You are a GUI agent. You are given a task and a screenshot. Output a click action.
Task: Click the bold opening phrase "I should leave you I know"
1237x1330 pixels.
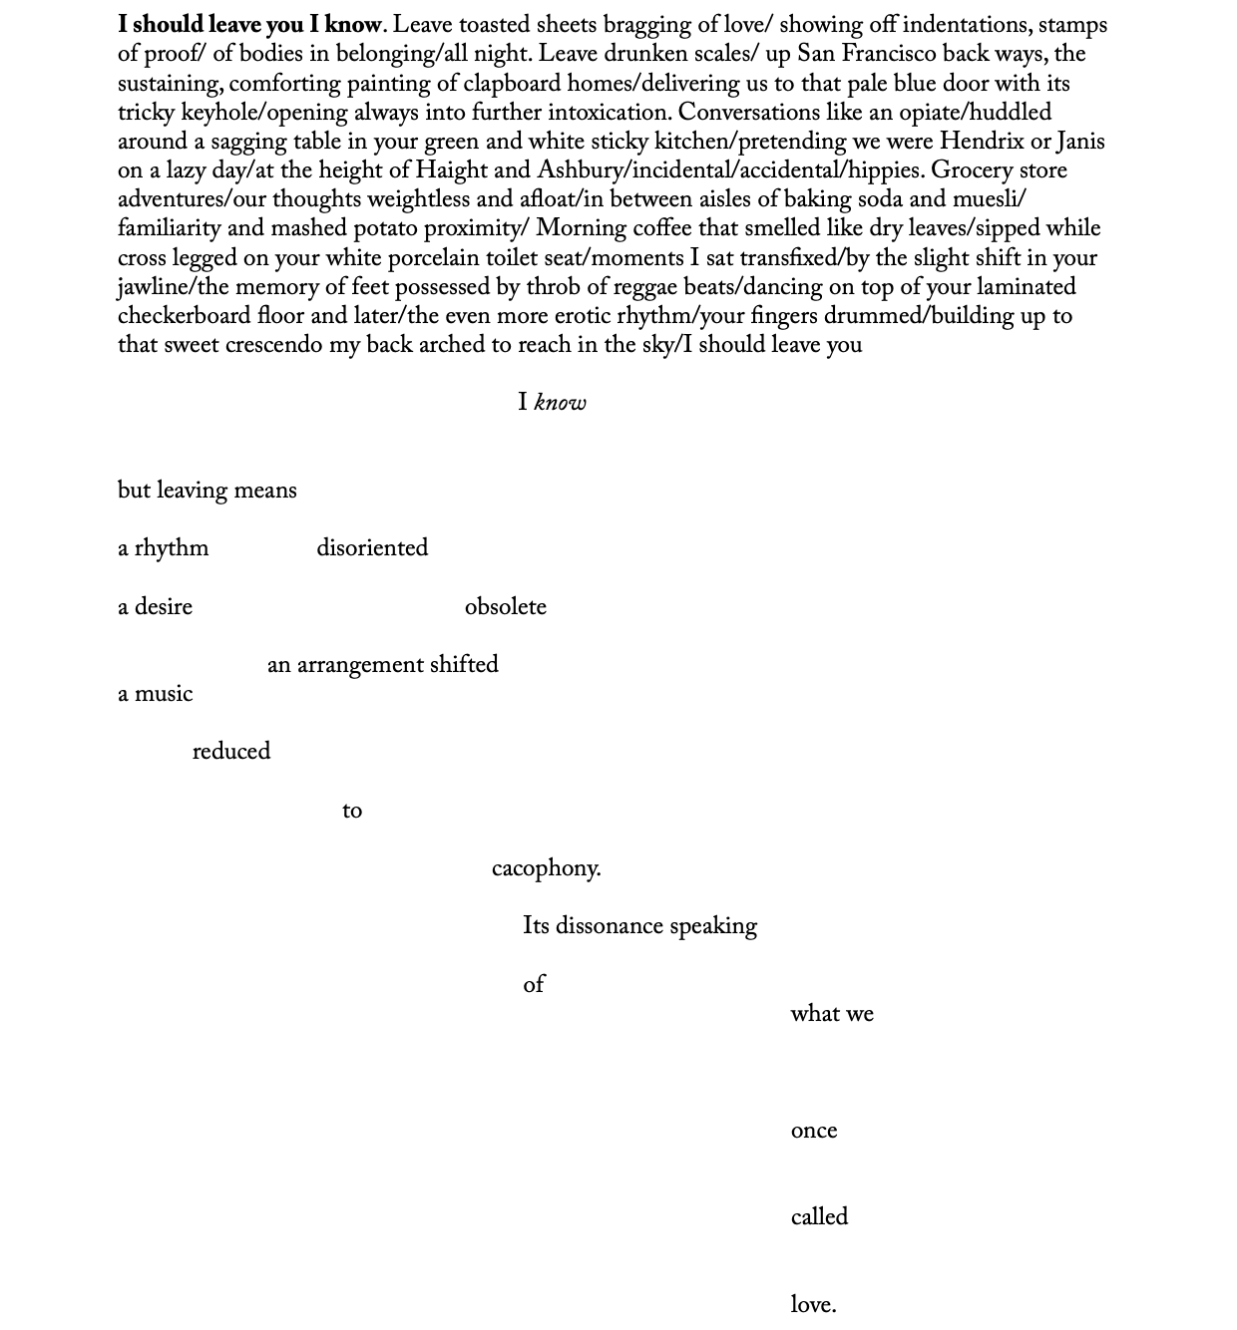[x=249, y=25]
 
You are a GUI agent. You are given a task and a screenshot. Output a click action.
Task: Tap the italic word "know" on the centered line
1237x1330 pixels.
[x=561, y=404]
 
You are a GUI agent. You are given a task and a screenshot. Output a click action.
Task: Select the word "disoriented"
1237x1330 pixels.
[x=372, y=549]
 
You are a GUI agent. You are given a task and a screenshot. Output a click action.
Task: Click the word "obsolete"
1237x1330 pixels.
[x=505, y=608]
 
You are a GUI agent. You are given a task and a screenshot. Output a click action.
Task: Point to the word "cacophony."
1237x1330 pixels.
[x=546, y=869]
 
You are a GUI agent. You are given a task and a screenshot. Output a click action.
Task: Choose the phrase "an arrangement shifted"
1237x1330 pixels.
[x=382, y=666]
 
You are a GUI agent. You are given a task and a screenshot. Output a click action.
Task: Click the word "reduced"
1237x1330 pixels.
[x=230, y=753]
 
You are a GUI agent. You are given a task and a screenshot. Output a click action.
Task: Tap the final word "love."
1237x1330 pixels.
[x=813, y=1305]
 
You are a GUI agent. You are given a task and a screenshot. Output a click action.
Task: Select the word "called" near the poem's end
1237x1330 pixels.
[x=819, y=1218]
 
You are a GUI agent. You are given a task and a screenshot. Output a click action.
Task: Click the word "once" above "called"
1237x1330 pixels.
[x=813, y=1132]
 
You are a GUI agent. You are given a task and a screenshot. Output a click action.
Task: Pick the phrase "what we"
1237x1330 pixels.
[x=832, y=1015]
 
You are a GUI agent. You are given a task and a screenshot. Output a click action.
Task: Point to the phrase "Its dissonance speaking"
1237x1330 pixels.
[x=639, y=927]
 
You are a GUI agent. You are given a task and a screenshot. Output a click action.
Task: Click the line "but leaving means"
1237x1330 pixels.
[x=206, y=492]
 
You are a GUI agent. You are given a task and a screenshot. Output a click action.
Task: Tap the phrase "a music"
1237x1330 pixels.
[x=155, y=695]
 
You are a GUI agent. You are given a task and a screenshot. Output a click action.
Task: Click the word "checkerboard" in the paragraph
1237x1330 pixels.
[x=184, y=317]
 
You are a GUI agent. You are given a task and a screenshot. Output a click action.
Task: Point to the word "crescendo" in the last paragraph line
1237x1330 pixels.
[x=273, y=346]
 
